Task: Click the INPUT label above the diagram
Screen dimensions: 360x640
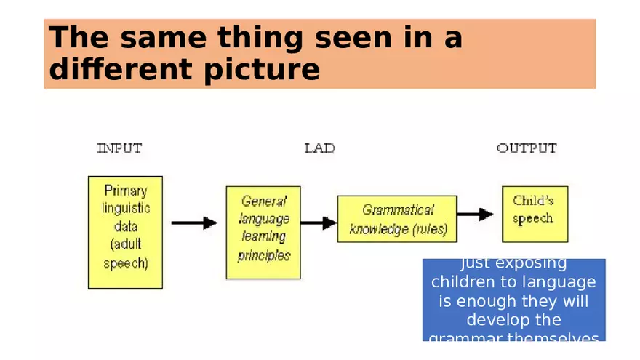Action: pyautogui.click(x=119, y=148)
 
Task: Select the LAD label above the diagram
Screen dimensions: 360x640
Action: pyautogui.click(x=319, y=148)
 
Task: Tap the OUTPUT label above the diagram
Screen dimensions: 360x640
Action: pyautogui.click(x=527, y=148)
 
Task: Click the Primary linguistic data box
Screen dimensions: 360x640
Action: pyautogui.click(x=125, y=232)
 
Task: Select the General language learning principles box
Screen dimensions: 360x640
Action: pyautogui.click(x=263, y=232)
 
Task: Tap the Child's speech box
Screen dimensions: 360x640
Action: pyautogui.click(x=535, y=214)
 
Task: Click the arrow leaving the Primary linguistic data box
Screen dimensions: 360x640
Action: pyautogui.click(x=194, y=223)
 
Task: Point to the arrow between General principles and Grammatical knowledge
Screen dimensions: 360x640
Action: pyautogui.click(x=319, y=223)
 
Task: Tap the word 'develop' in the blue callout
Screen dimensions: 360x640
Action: pyautogui.click(x=500, y=320)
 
